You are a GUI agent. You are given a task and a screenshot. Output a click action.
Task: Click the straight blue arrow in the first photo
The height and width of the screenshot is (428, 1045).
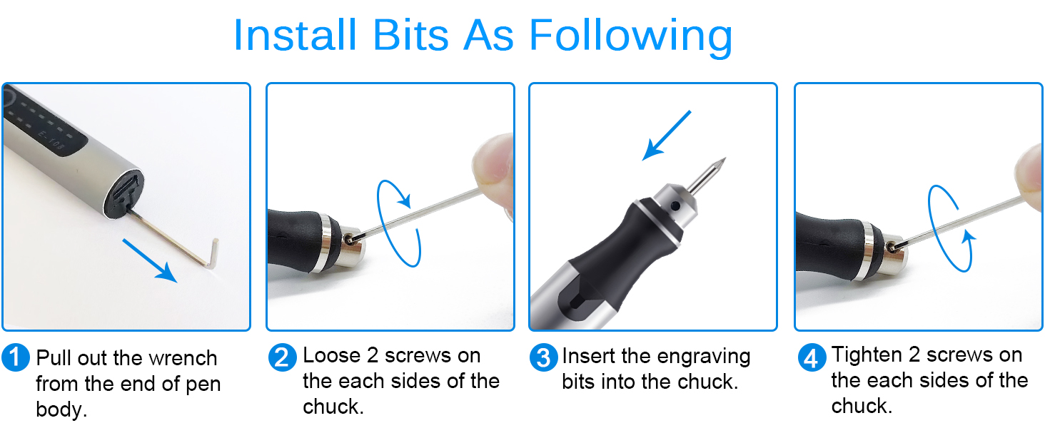click(149, 260)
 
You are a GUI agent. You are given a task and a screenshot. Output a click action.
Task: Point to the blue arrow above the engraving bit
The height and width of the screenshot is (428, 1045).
click(667, 136)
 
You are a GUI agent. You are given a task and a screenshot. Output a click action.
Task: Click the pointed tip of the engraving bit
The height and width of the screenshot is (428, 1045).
click(723, 160)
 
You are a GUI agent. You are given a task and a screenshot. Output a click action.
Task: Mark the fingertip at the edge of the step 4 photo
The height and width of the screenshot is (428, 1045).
click(1031, 171)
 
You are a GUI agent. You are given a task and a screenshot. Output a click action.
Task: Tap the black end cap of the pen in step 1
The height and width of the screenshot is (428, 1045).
click(124, 194)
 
